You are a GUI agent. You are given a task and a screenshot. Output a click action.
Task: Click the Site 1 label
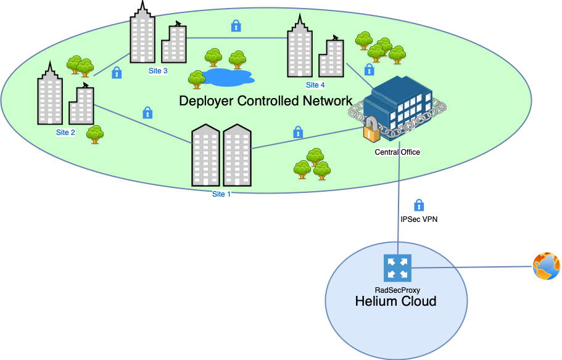[x=221, y=194]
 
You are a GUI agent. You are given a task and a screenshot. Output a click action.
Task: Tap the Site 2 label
[x=65, y=132]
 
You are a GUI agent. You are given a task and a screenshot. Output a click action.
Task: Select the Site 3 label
[x=158, y=71]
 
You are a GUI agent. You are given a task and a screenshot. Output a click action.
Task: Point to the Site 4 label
[x=315, y=85]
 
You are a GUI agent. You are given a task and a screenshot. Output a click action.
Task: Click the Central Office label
[x=397, y=152]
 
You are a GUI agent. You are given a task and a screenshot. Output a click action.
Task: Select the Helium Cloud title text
[x=395, y=301]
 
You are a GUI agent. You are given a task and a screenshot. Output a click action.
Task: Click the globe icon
[x=546, y=266]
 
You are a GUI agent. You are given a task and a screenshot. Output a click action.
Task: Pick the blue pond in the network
[x=228, y=77]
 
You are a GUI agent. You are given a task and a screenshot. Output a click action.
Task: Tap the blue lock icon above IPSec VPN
[x=419, y=205]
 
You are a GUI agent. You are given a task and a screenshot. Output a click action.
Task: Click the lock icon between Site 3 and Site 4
[x=236, y=26]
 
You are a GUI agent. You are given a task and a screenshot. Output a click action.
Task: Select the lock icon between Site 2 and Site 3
[x=116, y=73]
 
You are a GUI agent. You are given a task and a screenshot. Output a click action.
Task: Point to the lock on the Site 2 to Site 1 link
[x=147, y=113]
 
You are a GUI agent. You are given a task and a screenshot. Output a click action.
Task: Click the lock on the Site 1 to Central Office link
[x=298, y=132]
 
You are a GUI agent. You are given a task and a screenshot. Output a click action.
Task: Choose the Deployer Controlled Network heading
[x=265, y=100]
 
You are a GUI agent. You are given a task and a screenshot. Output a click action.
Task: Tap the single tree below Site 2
[x=94, y=134]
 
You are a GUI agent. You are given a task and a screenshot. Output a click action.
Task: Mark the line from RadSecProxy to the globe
[x=469, y=268]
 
